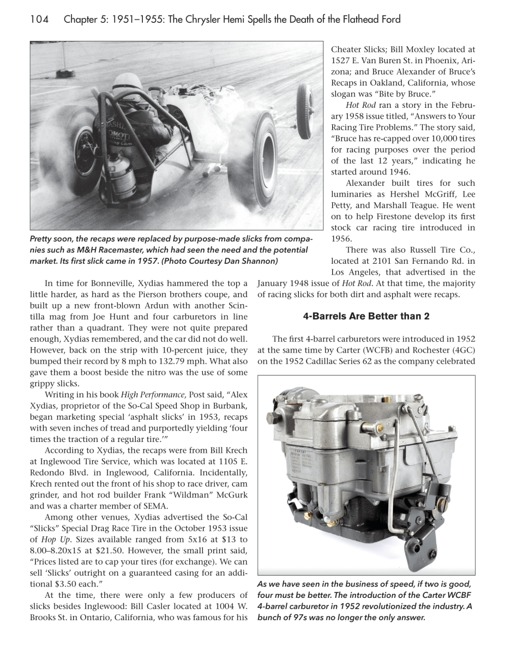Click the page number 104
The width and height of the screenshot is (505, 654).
point(39,20)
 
